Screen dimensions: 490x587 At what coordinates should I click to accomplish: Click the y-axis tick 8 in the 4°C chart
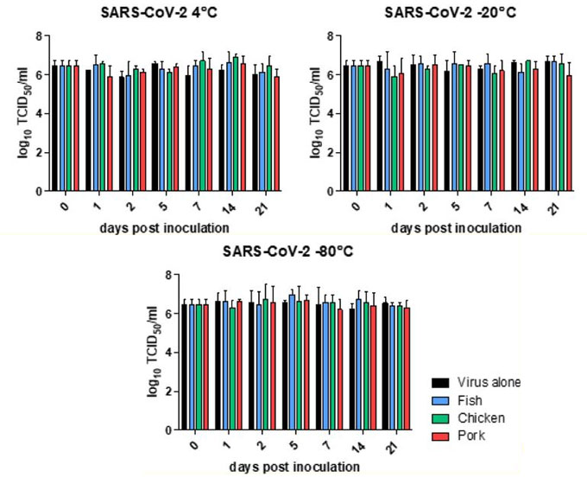(x=39, y=36)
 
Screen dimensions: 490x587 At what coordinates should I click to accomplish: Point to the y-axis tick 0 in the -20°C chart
(x=329, y=192)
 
